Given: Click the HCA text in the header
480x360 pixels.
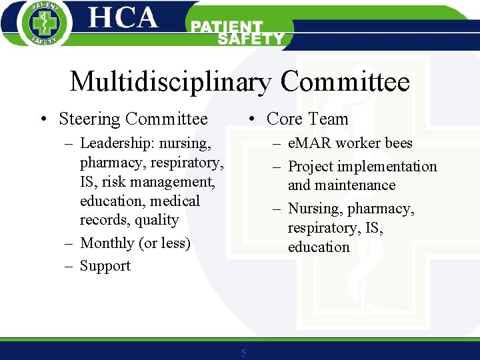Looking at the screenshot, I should tap(123, 18).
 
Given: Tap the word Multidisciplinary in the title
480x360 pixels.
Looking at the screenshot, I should tap(171, 82).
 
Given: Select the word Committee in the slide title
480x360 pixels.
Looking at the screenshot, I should tap(345, 82).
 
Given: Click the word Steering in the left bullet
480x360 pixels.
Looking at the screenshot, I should tap(89, 119).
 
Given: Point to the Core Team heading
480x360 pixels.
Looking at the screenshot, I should tap(307, 119).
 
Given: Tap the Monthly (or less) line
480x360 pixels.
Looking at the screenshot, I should tap(135, 243).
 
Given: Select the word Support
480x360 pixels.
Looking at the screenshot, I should tap(105, 266).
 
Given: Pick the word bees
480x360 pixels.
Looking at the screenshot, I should tap(398, 143).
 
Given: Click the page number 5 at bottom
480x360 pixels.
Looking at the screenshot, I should tap(243, 353).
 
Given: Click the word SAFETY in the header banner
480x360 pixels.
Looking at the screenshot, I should tap(251, 39).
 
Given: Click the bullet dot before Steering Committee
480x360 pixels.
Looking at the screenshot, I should tap(42, 120).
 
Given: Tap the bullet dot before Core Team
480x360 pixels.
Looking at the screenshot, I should tap(250, 120).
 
